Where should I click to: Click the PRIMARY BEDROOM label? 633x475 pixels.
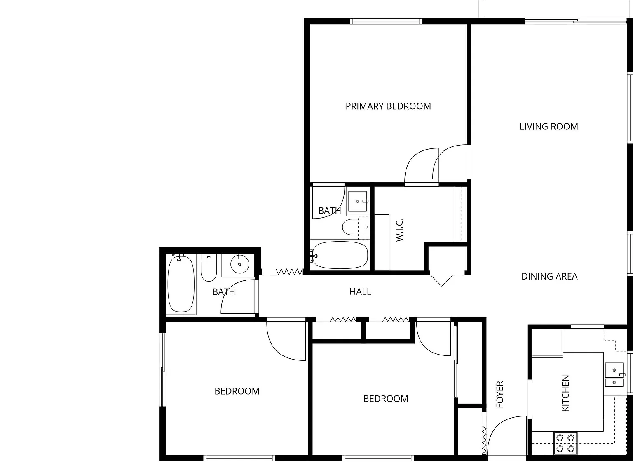(388, 106)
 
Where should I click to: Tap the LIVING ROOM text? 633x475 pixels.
(549, 127)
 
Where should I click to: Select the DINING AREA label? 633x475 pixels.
(549, 276)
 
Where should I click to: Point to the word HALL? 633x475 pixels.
(360, 292)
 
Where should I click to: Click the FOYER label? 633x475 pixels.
(500, 394)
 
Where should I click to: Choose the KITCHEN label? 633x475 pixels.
(565, 393)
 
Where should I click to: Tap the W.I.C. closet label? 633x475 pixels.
(399, 230)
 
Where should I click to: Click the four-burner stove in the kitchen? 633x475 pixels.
(565, 443)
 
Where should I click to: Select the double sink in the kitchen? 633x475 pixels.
(614, 375)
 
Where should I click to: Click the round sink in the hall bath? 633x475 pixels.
(240, 264)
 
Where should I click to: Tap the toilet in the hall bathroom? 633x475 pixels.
(209, 267)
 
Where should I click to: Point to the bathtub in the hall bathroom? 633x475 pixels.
(181, 284)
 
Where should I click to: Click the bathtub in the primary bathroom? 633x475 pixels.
(340, 255)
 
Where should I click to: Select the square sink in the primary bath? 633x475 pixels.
(357, 201)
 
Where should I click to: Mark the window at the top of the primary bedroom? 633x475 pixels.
(386, 21)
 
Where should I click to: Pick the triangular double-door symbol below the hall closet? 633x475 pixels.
(441, 280)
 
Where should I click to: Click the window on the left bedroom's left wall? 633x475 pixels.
(163, 370)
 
